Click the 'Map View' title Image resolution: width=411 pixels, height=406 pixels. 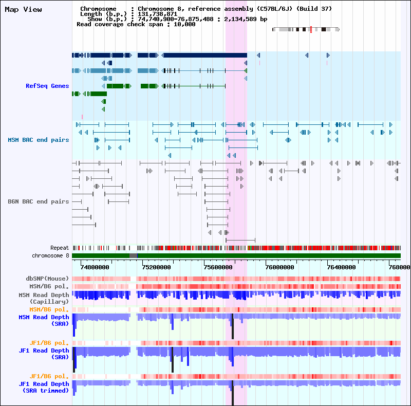[23, 9]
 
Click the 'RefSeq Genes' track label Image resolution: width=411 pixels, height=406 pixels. [47, 86]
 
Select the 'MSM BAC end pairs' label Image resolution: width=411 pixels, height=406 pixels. [38, 140]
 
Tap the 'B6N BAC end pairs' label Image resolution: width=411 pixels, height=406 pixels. [38, 201]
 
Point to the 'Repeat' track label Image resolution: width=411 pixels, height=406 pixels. [60, 248]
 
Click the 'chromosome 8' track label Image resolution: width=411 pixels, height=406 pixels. [50, 255]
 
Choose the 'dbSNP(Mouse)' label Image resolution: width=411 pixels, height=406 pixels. [47, 279]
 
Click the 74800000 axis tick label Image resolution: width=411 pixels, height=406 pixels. [95, 267]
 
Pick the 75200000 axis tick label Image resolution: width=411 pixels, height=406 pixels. [156, 267]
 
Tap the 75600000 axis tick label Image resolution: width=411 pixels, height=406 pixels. [218, 267]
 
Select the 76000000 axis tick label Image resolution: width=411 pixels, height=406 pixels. [279, 267]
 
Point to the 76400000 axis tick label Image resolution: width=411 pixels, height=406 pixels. [341, 267]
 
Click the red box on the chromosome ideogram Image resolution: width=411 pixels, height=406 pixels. [311, 29]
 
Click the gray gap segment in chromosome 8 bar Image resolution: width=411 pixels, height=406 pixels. [133, 256]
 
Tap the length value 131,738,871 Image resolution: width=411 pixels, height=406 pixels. [158, 14]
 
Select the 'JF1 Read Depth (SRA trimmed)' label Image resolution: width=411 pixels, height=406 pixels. [44, 387]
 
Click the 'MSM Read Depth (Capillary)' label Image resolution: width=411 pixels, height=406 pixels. [44, 298]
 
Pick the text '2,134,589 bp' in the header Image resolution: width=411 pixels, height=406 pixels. [246, 19]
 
